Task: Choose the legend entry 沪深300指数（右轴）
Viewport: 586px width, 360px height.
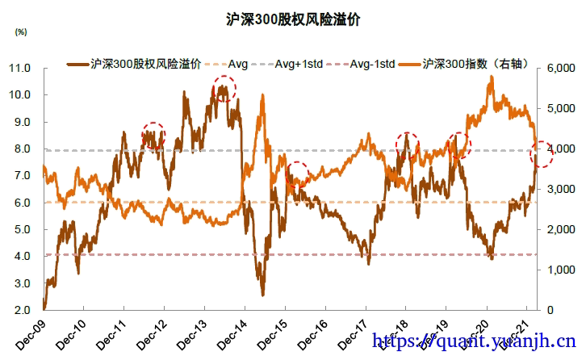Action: click(x=477, y=63)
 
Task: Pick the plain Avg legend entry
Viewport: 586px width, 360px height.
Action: click(x=238, y=63)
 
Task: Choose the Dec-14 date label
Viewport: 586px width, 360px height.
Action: click(x=231, y=333)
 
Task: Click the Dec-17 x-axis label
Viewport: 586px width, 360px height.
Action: click(x=352, y=333)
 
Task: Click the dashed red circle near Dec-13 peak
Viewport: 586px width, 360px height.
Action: click(x=224, y=87)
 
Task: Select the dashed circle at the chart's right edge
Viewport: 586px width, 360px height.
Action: click(x=543, y=152)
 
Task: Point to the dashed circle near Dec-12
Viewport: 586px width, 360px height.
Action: click(x=153, y=135)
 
